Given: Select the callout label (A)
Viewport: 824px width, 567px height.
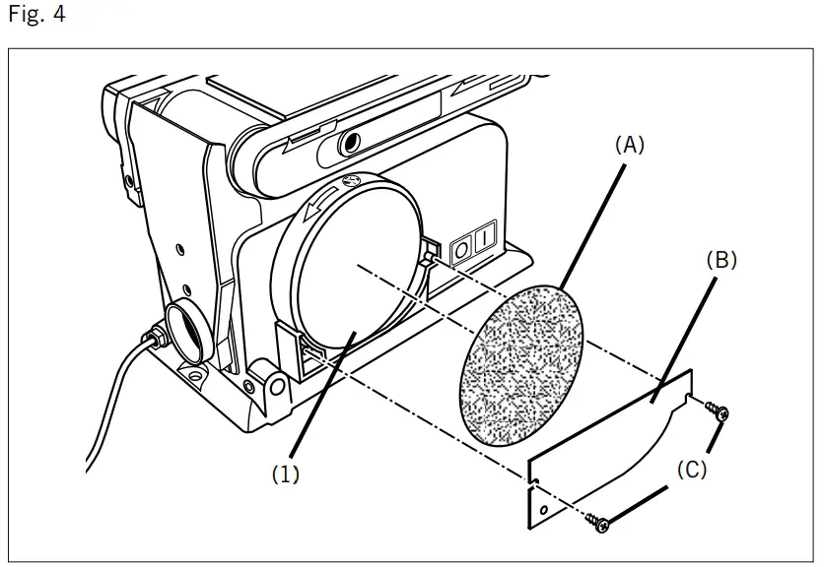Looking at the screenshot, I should point(629,145).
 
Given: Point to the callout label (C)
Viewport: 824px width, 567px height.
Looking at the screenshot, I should point(690,470).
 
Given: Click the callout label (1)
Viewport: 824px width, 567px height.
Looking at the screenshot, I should point(286,473).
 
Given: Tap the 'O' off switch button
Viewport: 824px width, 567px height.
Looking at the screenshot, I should point(459,247).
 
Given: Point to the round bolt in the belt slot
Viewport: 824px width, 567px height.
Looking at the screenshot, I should point(347,145).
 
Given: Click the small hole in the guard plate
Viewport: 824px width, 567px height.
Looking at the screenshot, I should point(542,511).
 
